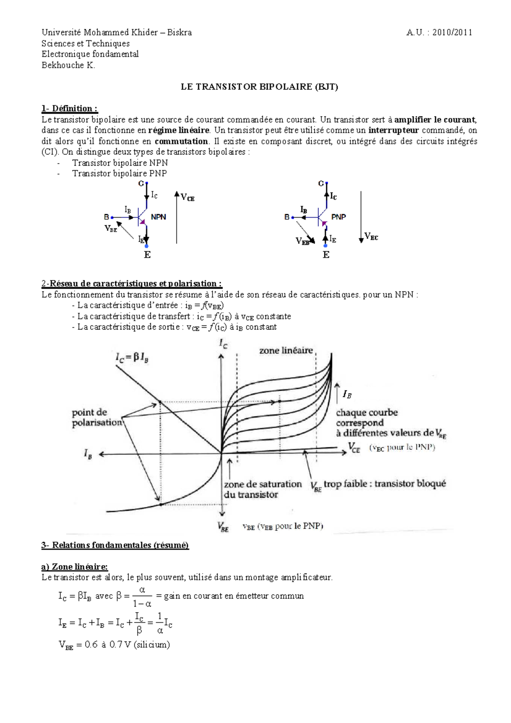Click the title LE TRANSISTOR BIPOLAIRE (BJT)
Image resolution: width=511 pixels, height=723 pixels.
(x=259, y=87)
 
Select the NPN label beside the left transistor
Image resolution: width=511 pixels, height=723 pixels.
(x=158, y=217)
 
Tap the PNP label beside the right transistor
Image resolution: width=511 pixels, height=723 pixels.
(x=339, y=217)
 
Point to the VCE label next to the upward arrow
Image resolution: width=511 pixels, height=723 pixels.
(x=188, y=198)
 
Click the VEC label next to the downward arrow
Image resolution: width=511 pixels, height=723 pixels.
(x=371, y=237)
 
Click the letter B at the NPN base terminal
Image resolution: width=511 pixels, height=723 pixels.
(x=106, y=217)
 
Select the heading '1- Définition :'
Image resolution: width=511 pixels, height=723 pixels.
(x=69, y=109)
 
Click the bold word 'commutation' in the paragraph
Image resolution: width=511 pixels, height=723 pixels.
(x=181, y=141)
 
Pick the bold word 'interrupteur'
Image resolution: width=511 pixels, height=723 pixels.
(x=393, y=130)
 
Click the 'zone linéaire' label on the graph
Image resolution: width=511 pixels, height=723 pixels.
(x=286, y=351)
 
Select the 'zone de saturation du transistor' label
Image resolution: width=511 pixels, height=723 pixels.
(x=262, y=489)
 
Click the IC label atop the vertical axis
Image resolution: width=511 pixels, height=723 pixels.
(x=223, y=343)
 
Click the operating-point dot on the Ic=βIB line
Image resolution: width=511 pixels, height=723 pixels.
(x=160, y=402)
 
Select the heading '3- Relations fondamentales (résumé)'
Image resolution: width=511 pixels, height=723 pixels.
(x=115, y=545)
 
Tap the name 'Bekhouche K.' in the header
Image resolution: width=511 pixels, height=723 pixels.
(x=68, y=65)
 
